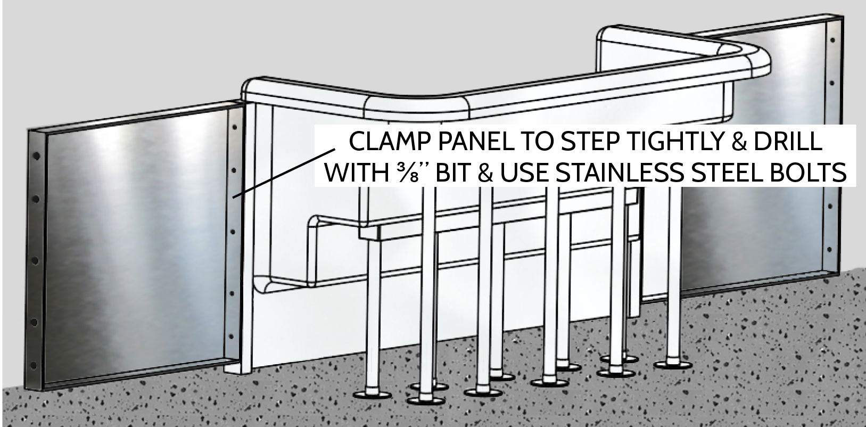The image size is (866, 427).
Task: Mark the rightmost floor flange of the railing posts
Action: coord(673,365)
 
